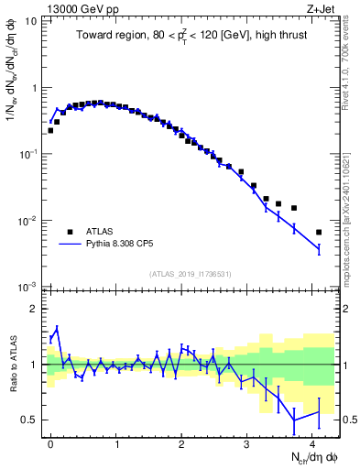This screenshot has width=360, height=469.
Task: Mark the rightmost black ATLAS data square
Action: [x=319, y=232]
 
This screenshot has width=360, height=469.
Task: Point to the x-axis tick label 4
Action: [x=313, y=443]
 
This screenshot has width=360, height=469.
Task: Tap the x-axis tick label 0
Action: [x=50, y=443]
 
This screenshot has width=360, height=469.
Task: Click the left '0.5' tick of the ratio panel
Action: [x=29, y=420]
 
